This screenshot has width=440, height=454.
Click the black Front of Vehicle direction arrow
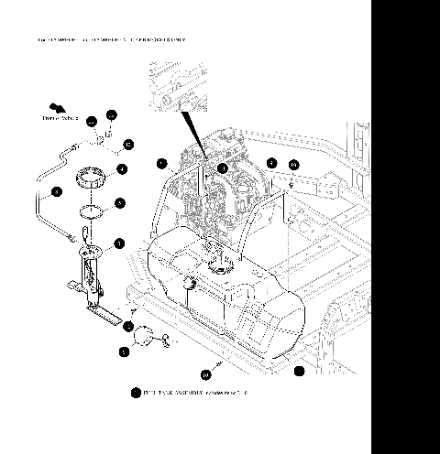click(57, 109)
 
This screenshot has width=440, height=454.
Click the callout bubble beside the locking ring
click(122, 168)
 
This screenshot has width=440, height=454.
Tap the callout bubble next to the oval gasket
click(120, 203)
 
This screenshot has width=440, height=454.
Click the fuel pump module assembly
click(93, 275)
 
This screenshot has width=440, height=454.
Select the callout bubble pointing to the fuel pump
click(120, 243)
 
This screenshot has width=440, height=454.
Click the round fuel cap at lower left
click(145, 339)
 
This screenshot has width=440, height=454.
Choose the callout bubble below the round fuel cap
click(124, 351)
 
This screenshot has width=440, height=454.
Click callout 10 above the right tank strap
click(293, 165)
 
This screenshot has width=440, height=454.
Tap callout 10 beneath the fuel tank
click(205, 374)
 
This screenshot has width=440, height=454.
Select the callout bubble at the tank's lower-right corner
click(299, 371)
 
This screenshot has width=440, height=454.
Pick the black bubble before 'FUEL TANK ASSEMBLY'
click(136, 393)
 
